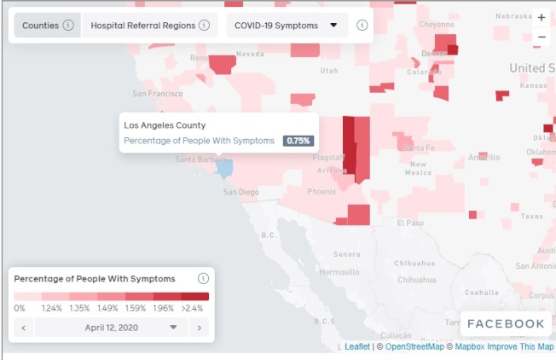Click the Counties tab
(x=40, y=26)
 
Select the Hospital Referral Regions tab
(x=142, y=26)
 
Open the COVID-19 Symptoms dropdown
(x=287, y=26)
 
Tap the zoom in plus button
(x=542, y=18)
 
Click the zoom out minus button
(x=542, y=38)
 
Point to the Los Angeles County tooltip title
(x=165, y=125)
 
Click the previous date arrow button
(x=23, y=328)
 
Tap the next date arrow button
(x=199, y=328)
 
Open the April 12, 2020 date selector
(x=111, y=328)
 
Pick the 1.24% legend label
(x=52, y=308)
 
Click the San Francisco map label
(x=158, y=93)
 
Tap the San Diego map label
(x=240, y=192)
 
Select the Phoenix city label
(x=321, y=192)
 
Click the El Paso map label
(x=410, y=223)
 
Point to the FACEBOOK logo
(x=506, y=323)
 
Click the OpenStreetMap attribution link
(x=414, y=346)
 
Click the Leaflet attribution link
(x=356, y=346)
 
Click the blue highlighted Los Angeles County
(x=223, y=167)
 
